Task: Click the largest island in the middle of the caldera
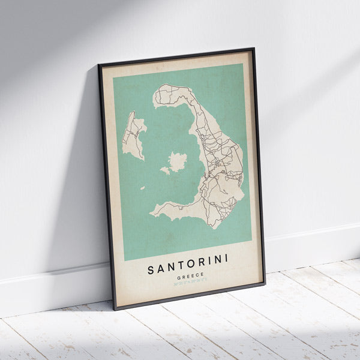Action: coord(178,160)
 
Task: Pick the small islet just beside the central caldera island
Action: coord(165,171)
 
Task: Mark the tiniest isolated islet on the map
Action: coord(143,188)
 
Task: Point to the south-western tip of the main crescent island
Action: coord(152,214)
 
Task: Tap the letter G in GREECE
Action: coord(179,279)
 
